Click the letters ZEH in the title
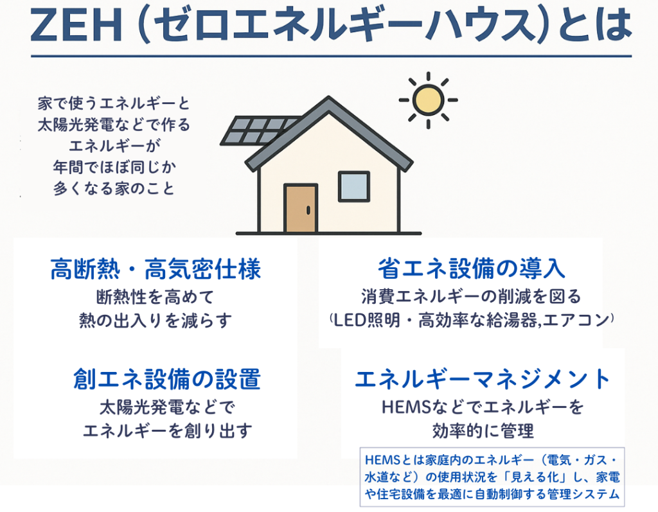point(76,26)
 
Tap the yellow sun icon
point(428,100)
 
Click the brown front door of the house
point(301,208)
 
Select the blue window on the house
point(354,186)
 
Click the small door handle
point(308,210)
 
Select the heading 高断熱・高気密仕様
point(156,269)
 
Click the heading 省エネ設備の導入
point(471,269)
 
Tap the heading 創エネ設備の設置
point(167,379)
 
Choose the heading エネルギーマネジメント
point(483,379)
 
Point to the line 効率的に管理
point(483,431)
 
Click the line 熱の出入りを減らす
point(156,321)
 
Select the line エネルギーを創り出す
point(168,431)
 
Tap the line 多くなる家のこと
point(114,188)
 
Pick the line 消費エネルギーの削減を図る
point(471,297)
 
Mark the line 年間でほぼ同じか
point(114,167)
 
